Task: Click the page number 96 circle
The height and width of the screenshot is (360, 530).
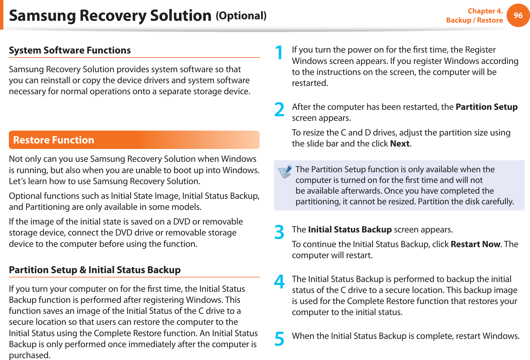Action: [x=518, y=15]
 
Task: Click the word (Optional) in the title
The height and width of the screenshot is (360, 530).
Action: [x=241, y=16]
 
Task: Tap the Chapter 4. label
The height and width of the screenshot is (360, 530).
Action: [x=485, y=11]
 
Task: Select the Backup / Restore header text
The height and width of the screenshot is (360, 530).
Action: [x=474, y=20]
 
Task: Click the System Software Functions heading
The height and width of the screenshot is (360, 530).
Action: [x=70, y=50]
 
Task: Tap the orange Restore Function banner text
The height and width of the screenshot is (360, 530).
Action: [x=54, y=140]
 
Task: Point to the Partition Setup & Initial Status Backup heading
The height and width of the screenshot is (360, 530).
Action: [x=95, y=270]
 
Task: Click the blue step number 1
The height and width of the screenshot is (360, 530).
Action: [x=279, y=52]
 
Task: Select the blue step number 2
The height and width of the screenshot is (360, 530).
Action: [x=279, y=109]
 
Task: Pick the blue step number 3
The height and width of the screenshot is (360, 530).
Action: [x=279, y=232]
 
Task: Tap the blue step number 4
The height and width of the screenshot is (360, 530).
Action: [x=279, y=282]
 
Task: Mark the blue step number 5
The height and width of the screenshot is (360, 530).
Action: [x=279, y=339]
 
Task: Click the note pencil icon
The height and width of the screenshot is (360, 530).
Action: [x=285, y=172]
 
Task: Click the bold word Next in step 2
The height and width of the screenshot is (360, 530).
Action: [x=400, y=143]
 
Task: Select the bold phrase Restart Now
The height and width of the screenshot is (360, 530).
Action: [x=475, y=244]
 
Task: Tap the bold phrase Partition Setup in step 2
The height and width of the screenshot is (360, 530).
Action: [x=486, y=107]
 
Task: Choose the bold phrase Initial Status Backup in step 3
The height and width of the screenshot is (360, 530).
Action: [x=350, y=229]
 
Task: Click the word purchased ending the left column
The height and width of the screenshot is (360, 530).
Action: [x=29, y=355]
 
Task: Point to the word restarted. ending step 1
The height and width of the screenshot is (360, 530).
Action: [x=310, y=83]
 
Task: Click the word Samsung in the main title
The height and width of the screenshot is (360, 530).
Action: [x=42, y=16]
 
